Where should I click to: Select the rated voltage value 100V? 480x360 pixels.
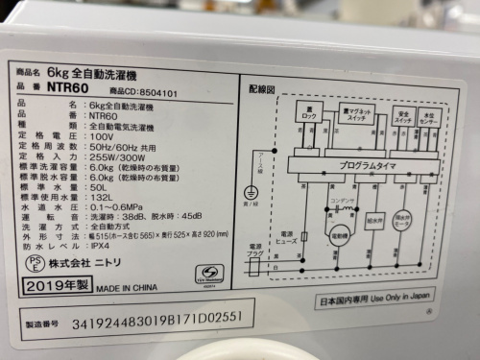tap(100, 136)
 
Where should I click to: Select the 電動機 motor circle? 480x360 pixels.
tap(340, 233)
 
